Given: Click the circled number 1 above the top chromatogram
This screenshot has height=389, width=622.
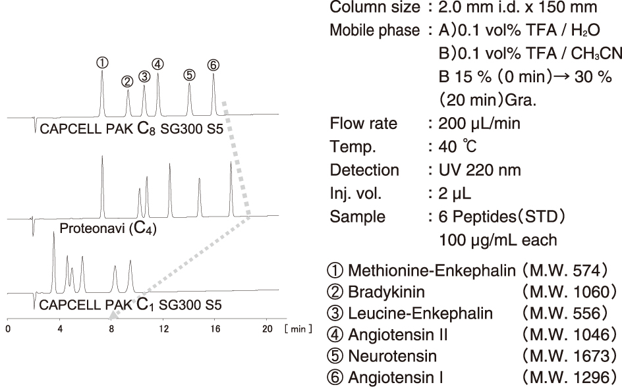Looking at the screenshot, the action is (x=102, y=63).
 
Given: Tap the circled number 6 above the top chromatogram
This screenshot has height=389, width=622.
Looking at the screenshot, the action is (x=213, y=65).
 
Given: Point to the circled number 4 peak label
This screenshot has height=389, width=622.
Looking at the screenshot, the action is (x=157, y=64).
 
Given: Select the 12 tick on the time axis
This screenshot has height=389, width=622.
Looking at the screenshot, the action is (x=163, y=329).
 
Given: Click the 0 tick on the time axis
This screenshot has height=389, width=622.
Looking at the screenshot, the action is (x=8, y=329).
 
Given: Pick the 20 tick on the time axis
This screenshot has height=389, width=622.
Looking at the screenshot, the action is (x=268, y=329).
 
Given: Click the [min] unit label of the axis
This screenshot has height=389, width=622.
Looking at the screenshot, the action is (x=298, y=329).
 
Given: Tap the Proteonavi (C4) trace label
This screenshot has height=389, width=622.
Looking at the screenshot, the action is (x=108, y=228).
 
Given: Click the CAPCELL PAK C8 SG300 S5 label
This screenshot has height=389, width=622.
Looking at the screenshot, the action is (x=131, y=128).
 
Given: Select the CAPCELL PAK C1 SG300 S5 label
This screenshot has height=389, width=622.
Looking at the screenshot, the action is (x=130, y=304).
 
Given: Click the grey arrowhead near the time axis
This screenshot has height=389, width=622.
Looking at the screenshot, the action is (x=113, y=315).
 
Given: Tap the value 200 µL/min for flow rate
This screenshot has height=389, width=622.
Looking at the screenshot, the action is (x=479, y=124).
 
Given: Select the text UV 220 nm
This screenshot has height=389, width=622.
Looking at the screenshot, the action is (x=479, y=170).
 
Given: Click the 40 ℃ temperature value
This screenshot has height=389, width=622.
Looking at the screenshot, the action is (x=457, y=147).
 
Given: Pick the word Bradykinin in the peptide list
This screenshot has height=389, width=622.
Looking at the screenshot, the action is (x=386, y=292).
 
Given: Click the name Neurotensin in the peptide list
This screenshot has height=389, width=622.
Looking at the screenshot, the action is (x=392, y=355).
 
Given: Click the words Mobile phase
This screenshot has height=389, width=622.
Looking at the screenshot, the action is (x=374, y=30).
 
